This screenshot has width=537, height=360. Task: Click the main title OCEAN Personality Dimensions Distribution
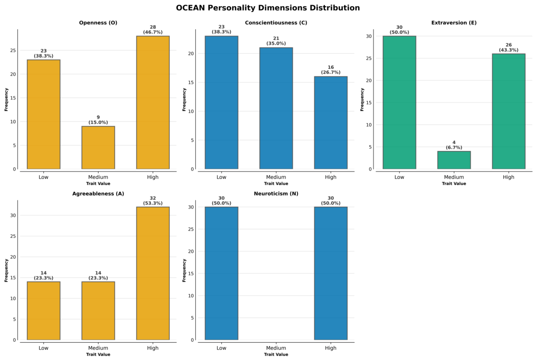pyautogui.click(x=268, y=8)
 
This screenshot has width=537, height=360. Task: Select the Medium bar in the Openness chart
pyautogui.click(x=98, y=148)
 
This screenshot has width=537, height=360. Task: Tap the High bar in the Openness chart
pyautogui.click(x=153, y=102)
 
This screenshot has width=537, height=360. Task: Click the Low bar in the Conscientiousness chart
pyautogui.click(x=222, y=102)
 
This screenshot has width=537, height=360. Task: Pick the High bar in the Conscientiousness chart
pyautogui.click(x=331, y=123)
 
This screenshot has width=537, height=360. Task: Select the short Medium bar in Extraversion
pyautogui.click(x=454, y=160)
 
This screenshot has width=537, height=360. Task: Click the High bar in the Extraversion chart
pyautogui.click(x=509, y=112)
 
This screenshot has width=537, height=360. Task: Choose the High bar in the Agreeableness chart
pyautogui.click(x=153, y=273)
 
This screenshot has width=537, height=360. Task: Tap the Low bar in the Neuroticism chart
pyautogui.click(x=222, y=273)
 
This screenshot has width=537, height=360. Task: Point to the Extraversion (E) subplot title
pyautogui.click(x=454, y=23)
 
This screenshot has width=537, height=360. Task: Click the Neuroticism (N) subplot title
pyautogui.click(x=276, y=194)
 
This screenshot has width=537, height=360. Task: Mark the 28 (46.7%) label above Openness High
pyautogui.click(x=153, y=29)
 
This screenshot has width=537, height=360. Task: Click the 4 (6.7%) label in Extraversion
pyautogui.click(x=454, y=145)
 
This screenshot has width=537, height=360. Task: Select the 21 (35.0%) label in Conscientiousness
pyautogui.click(x=276, y=41)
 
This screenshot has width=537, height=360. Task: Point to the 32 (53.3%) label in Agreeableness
pyautogui.click(x=153, y=200)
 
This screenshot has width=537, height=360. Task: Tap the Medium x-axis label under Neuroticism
pyautogui.click(x=276, y=348)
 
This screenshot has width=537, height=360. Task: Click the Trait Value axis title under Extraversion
pyautogui.click(x=454, y=184)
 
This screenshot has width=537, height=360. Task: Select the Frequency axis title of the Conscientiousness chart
pyautogui.click(x=184, y=99)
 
